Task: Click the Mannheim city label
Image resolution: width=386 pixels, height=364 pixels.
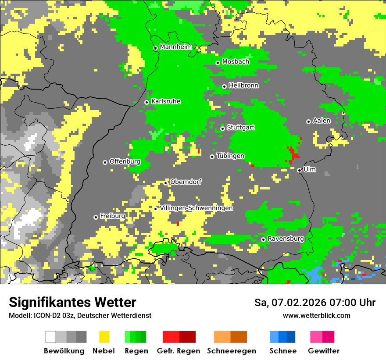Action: coord(175,47)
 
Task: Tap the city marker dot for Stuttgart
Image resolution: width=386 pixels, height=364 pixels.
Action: coord(222,128)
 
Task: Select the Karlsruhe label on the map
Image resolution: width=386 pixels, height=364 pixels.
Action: coord(166,101)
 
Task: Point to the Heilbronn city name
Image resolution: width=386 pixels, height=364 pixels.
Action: coord(243,86)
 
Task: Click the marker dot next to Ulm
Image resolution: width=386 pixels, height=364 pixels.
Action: coord(299,170)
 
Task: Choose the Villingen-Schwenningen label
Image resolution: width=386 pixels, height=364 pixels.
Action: coord(197,208)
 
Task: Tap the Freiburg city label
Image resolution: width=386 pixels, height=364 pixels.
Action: coord(113,216)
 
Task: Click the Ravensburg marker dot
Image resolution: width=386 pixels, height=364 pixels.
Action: coord(263,239)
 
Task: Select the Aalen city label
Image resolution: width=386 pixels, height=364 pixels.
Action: coord(322,121)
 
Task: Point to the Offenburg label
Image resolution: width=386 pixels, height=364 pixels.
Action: coord(125,161)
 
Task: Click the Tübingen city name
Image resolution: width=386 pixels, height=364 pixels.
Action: coord(230,156)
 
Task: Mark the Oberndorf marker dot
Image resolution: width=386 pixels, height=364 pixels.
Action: coord(165,183)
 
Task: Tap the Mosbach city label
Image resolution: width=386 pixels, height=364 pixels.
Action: coord(236,62)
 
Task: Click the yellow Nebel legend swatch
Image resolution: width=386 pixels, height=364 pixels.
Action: coord(104,337)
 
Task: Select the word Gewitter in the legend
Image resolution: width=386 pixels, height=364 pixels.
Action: coord(324,351)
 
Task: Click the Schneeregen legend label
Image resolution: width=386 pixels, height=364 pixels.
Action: coord(232,351)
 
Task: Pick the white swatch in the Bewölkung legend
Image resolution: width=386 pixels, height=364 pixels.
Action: coord(51,337)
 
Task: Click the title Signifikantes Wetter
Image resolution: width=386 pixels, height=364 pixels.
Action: coord(72,303)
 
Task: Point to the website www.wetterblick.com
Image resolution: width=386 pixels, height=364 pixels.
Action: coord(317,315)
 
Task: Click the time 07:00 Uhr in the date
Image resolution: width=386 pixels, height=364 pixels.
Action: coord(354,303)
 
